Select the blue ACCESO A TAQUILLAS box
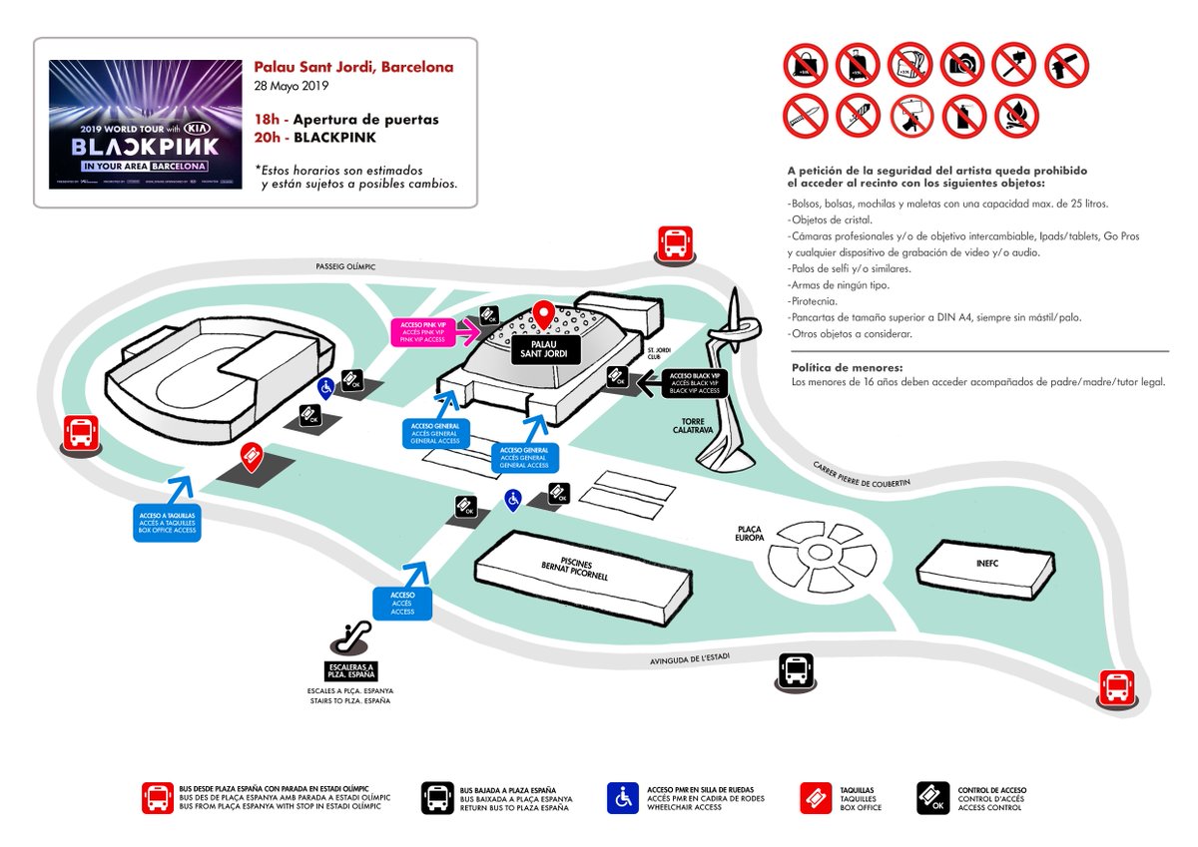pos(168,522)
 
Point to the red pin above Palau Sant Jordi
pos(544,315)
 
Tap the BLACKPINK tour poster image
pos(146,125)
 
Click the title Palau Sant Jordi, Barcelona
pos(353,68)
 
